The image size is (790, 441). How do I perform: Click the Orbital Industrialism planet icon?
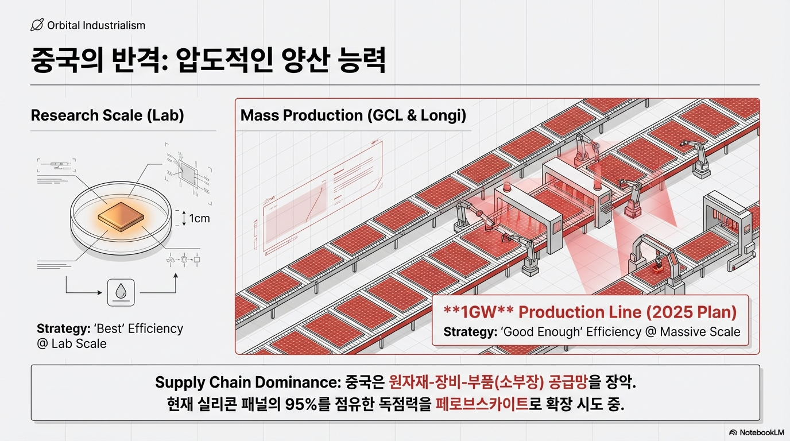point(37,25)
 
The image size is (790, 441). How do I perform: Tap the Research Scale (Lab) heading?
point(107,115)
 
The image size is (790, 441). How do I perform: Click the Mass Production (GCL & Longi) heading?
point(353,115)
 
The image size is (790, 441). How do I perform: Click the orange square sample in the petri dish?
point(121,218)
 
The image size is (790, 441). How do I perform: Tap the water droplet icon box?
point(121,292)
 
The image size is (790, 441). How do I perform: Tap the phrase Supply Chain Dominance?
point(249,382)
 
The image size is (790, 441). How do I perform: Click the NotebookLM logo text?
point(760,432)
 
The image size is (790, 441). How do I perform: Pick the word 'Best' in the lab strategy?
point(104,329)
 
